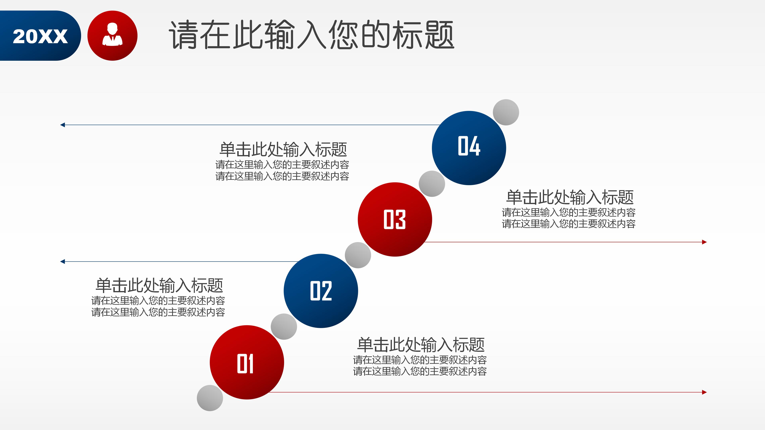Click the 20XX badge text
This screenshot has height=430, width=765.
pyautogui.click(x=40, y=36)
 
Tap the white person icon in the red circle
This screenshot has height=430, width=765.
pyautogui.click(x=112, y=35)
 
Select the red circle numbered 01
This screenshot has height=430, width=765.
pyautogui.click(x=246, y=362)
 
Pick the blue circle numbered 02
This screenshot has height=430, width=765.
pyautogui.click(x=321, y=291)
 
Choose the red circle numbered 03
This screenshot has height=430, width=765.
pyautogui.click(x=395, y=219)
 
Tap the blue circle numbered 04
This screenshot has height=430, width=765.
pyautogui.click(x=469, y=148)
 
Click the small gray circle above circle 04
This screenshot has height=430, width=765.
pyautogui.click(x=506, y=112)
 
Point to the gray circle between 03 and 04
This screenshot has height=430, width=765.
pyautogui.click(x=432, y=184)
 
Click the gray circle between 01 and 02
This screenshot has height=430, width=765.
pyautogui.click(x=284, y=326)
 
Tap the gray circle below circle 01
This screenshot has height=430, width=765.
pyautogui.click(x=210, y=398)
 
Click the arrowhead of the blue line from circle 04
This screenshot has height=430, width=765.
pyautogui.click(x=62, y=125)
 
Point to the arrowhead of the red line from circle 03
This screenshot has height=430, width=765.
pyautogui.click(x=704, y=242)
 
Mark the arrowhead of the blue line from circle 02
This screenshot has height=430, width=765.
pyautogui.click(x=62, y=261)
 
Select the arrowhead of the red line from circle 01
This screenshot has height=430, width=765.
pyautogui.click(x=704, y=392)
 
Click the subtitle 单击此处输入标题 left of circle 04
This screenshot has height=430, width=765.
pyautogui.click(x=283, y=149)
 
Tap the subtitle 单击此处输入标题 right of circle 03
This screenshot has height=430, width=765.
pyautogui.click(x=570, y=197)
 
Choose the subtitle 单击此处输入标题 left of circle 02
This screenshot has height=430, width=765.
pyautogui.click(x=159, y=285)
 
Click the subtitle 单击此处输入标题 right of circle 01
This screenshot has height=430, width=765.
pyautogui.click(x=421, y=345)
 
